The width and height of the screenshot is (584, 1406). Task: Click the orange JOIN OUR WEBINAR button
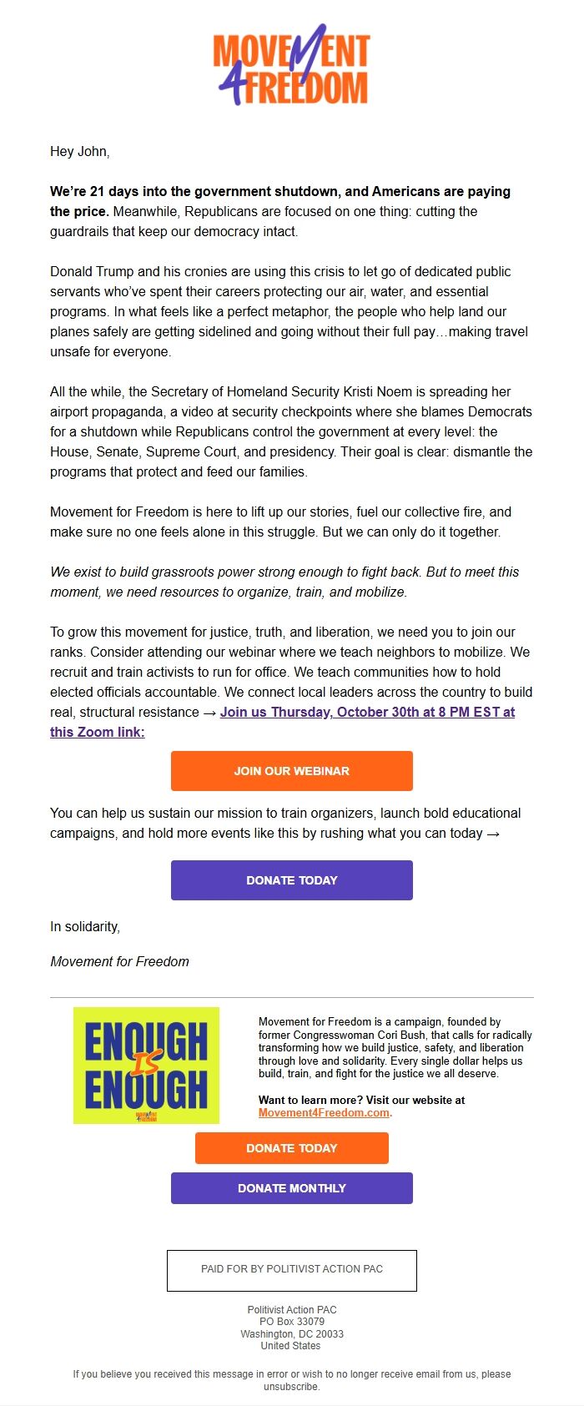tap(291, 770)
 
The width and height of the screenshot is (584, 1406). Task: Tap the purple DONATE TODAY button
tap(291, 879)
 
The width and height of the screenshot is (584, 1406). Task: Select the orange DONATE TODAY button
tap(291, 1147)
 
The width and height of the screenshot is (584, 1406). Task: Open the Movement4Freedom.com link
tap(324, 1112)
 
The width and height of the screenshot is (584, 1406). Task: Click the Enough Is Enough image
tap(146, 1065)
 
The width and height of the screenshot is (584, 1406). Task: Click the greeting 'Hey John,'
tap(80, 151)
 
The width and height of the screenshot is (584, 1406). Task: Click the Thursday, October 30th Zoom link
tap(367, 712)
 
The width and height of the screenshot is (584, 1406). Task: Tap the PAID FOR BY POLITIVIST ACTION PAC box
tap(291, 1269)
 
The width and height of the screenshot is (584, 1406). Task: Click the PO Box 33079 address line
tap(291, 1322)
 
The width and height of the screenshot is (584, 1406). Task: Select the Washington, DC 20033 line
tap(291, 1333)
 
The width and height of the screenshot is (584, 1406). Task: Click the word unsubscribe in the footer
tap(291, 1387)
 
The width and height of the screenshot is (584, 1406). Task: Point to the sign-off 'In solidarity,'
tap(85, 926)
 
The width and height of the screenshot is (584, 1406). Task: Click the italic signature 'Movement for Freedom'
tap(119, 961)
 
